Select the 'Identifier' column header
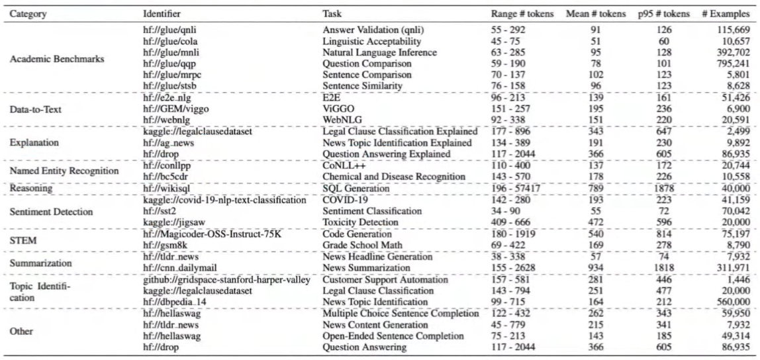(162, 14)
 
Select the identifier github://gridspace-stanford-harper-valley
(226, 280)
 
